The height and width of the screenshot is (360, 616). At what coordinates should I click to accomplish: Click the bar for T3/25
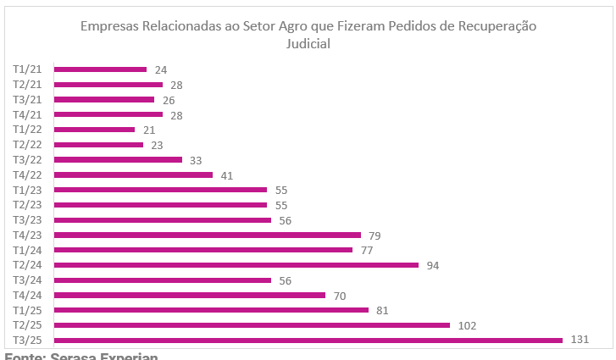tap(308, 341)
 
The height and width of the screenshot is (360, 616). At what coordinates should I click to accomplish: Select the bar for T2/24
tap(236, 265)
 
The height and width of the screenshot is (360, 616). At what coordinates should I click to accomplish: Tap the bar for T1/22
tap(94, 130)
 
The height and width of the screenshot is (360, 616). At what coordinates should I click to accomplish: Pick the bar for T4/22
tap(133, 174)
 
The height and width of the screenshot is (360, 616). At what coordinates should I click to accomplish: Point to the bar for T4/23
tap(207, 235)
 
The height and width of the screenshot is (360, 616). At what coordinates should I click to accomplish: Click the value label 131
tap(580, 341)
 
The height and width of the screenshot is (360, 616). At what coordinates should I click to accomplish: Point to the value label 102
tap(468, 325)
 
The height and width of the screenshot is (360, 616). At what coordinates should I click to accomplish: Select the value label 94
tap(432, 265)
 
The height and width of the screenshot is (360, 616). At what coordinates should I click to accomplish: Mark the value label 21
tap(149, 130)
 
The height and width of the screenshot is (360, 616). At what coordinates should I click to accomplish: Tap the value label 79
tap(375, 235)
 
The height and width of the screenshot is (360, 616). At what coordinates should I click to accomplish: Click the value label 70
tap(339, 296)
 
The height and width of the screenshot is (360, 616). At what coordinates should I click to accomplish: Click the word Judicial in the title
tap(308, 44)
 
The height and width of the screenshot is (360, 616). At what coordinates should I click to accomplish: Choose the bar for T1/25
tap(211, 310)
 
